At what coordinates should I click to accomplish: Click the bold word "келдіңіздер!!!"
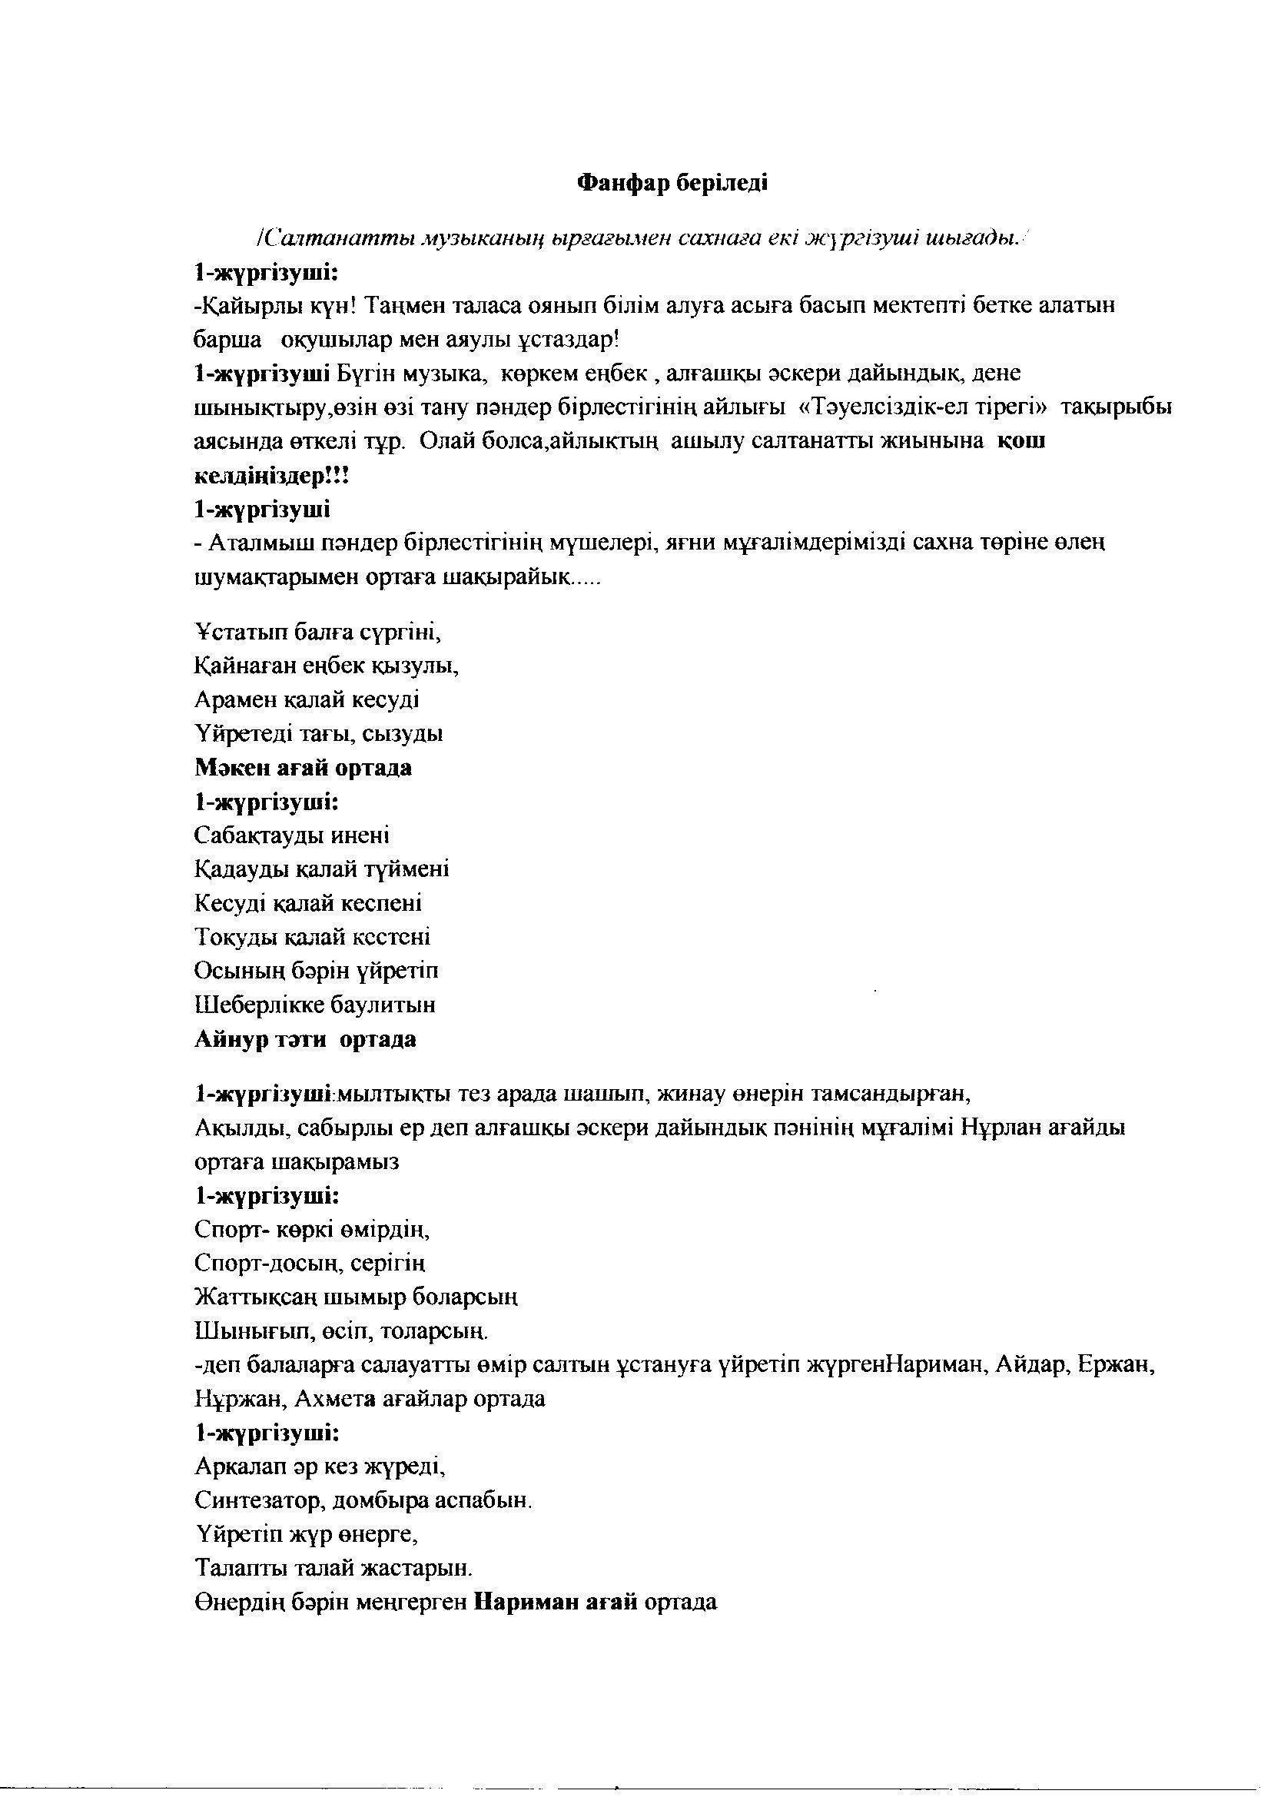pyautogui.click(x=270, y=475)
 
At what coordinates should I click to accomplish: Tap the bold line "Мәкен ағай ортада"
pyautogui.click(x=303, y=768)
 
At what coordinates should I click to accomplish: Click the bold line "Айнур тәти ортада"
pyautogui.click(x=305, y=1040)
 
